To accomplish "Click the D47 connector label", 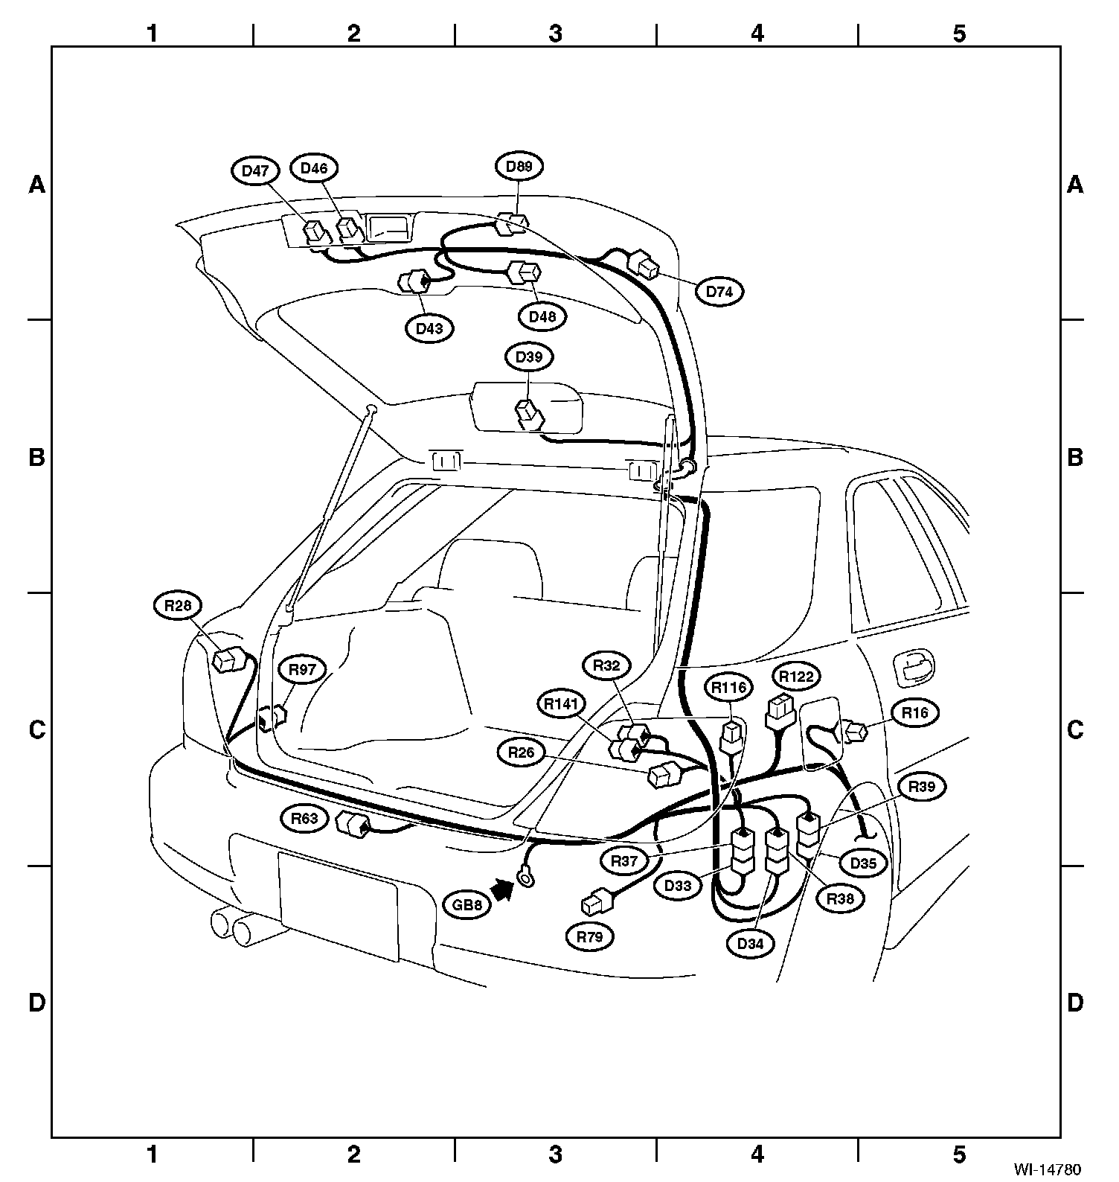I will [255, 170].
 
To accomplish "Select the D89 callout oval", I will [519, 166].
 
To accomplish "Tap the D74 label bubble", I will [719, 292].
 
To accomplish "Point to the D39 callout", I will [529, 357].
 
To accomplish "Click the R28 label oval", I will [178, 606].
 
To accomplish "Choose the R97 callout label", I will [303, 670].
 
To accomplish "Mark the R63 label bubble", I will [304, 819].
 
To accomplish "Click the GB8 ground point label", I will [468, 906].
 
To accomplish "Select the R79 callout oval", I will [590, 937].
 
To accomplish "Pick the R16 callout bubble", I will [914, 713].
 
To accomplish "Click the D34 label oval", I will [751, 944].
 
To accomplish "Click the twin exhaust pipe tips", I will [232, 927].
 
